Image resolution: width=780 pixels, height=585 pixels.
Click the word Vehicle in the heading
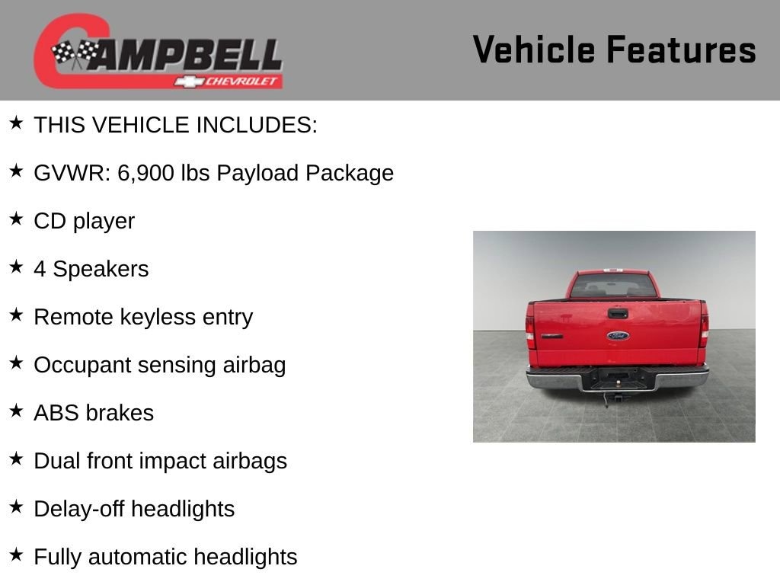click(x=534, y=50)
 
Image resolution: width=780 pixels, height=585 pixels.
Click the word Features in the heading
click(x=682, y=50)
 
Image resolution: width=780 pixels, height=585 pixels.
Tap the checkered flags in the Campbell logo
click(x=75, y=53)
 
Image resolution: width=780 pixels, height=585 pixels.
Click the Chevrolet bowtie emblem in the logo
click(x=189, y=82)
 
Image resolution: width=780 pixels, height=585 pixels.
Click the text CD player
click(x=84, y=222)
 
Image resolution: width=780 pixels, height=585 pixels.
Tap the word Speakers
click(x=101, y=269)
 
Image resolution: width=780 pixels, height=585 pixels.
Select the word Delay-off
click(x=79, y=509)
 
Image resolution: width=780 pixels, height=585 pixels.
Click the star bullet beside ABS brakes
click(x=17, y=411)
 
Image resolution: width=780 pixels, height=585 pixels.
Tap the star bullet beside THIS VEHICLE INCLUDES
click(x=17, y=123)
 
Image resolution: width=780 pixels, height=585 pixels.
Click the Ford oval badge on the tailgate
click(x=618, y=336)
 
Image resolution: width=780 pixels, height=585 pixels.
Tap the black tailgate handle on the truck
click(x=618, y=313)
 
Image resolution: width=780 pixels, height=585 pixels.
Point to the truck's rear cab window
click(x=613, y=286)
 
